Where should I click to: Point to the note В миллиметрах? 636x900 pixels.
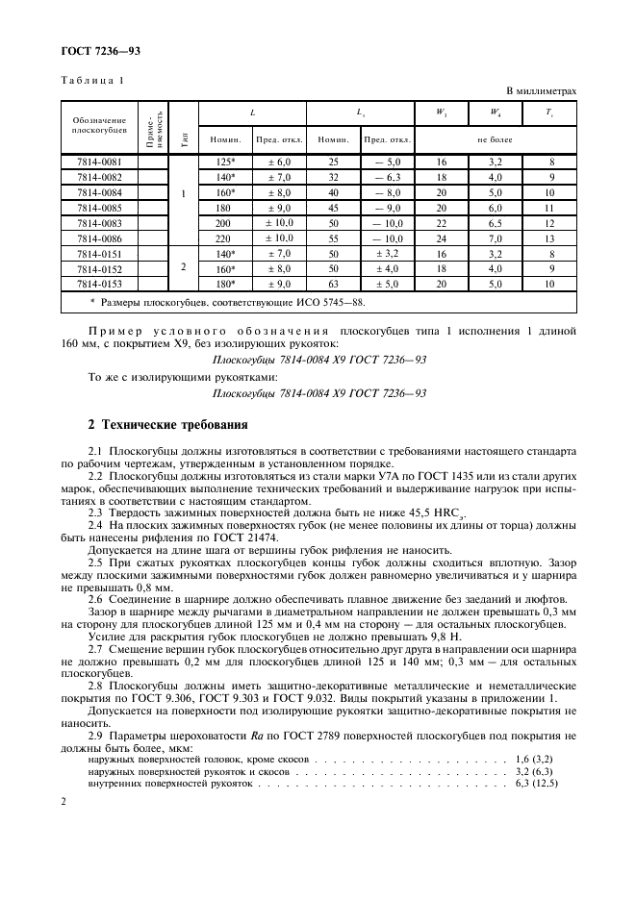tap(539, 91)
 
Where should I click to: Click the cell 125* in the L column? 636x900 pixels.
tap(224, 163)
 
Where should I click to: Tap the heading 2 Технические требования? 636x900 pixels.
tap(167, 425)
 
